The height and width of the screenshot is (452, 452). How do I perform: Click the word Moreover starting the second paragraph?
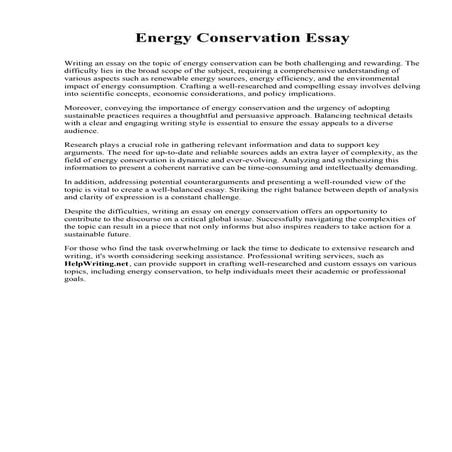[x=81, y=104]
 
